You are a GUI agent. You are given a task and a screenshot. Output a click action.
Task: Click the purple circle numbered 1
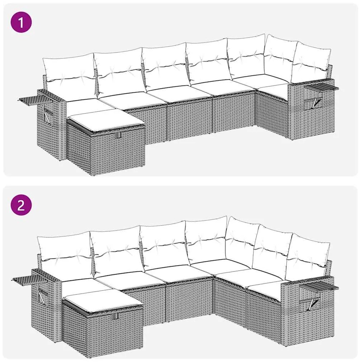[x=21, y=22]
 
